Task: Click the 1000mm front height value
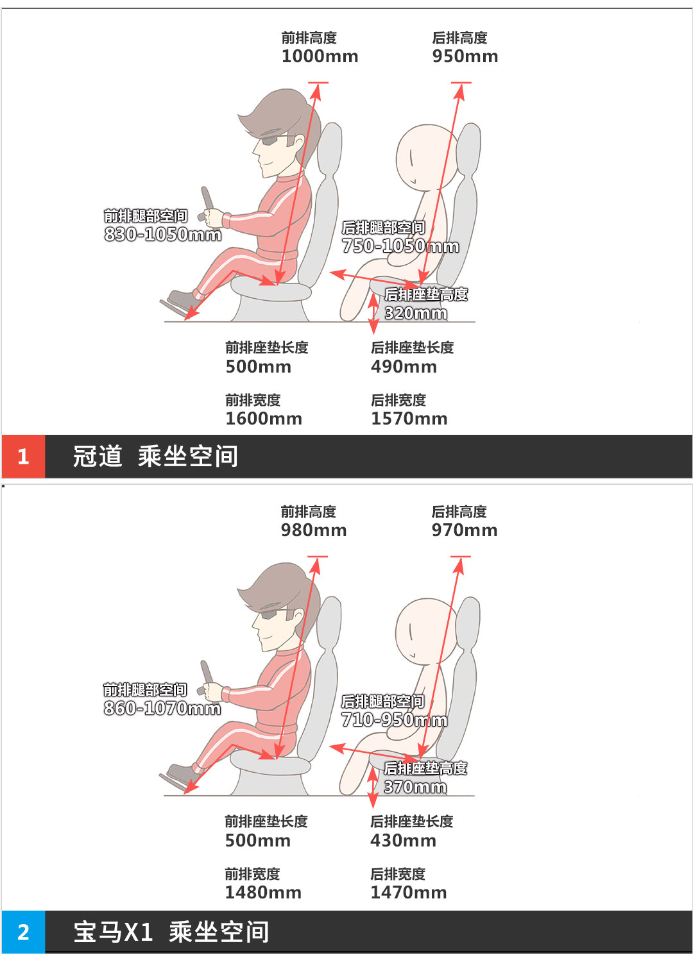coord(320,56)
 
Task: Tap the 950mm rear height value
coord(465,56)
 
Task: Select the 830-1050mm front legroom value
coord(163,235)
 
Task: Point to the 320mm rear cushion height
coord(416,313)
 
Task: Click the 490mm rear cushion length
coord(404,366)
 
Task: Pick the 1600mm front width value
coord(264,418)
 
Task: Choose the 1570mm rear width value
coord(409,418)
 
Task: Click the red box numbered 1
coord(23,456)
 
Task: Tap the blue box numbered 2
coord(23,932)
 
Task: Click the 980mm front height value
coord(314,530)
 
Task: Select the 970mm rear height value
coord(465,530)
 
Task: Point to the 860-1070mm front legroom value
coord(162,709)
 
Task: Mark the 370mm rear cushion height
coord(415,787)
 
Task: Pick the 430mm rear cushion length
coord(403,841)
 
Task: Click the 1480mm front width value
coord(263,892)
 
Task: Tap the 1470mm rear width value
coord(409,892)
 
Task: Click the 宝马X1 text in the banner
coord(113,932)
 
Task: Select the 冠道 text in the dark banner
coord(98,456)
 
